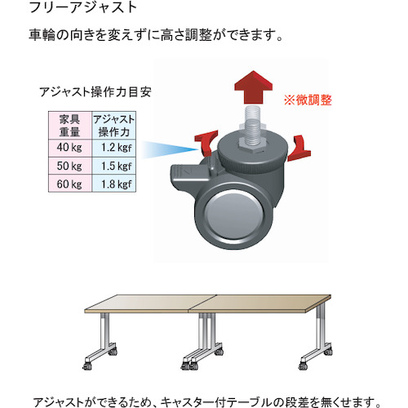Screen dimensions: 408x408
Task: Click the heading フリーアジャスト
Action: coord(82,7)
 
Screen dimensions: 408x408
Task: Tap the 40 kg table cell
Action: coord(70,149)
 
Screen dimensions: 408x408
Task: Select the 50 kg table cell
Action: coord(70,166)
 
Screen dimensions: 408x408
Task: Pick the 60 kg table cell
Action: coord(70,184)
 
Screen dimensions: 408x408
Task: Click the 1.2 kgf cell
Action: coord(114,149)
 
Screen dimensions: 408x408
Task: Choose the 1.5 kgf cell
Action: coord(114,166)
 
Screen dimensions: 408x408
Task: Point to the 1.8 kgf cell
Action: coord(114,184)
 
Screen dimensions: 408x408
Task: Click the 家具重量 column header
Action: coord(70,126)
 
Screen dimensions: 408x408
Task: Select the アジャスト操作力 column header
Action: coord(114,126)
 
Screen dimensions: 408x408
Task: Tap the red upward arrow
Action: coord(254,87)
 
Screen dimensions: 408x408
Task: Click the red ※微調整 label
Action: coord(308,100)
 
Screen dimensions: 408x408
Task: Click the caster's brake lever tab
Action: coord(188,173)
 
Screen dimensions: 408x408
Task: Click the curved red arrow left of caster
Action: coord(206,142)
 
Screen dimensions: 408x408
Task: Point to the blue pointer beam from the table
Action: coord(170,149)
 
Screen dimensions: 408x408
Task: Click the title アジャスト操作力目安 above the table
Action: coord(95,92)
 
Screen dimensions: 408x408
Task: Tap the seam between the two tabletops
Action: coord(202,304)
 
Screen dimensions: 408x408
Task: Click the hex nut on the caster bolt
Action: coord(253,144)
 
